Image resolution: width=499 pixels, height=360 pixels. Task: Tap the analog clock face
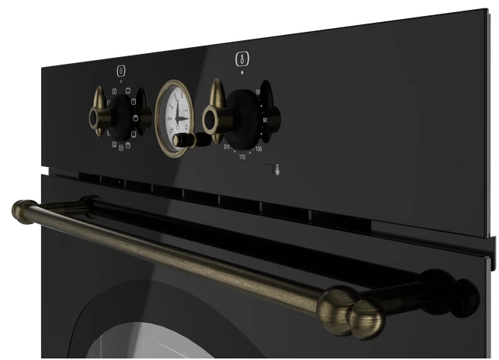[175, 115]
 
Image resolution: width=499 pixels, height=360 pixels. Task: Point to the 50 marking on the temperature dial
[258, 93]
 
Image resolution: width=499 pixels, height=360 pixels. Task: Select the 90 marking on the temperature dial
[264, 119]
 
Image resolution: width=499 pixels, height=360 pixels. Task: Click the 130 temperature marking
[259, 149]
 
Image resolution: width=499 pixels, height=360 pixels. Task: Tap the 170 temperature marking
[242, 157]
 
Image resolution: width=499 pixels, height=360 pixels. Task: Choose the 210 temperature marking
[226, 147]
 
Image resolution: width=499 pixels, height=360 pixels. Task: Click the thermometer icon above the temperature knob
[242, 58]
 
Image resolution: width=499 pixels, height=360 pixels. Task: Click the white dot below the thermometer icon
[242, 71]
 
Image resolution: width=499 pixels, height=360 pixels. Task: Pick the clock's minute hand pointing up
[175, 106]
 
